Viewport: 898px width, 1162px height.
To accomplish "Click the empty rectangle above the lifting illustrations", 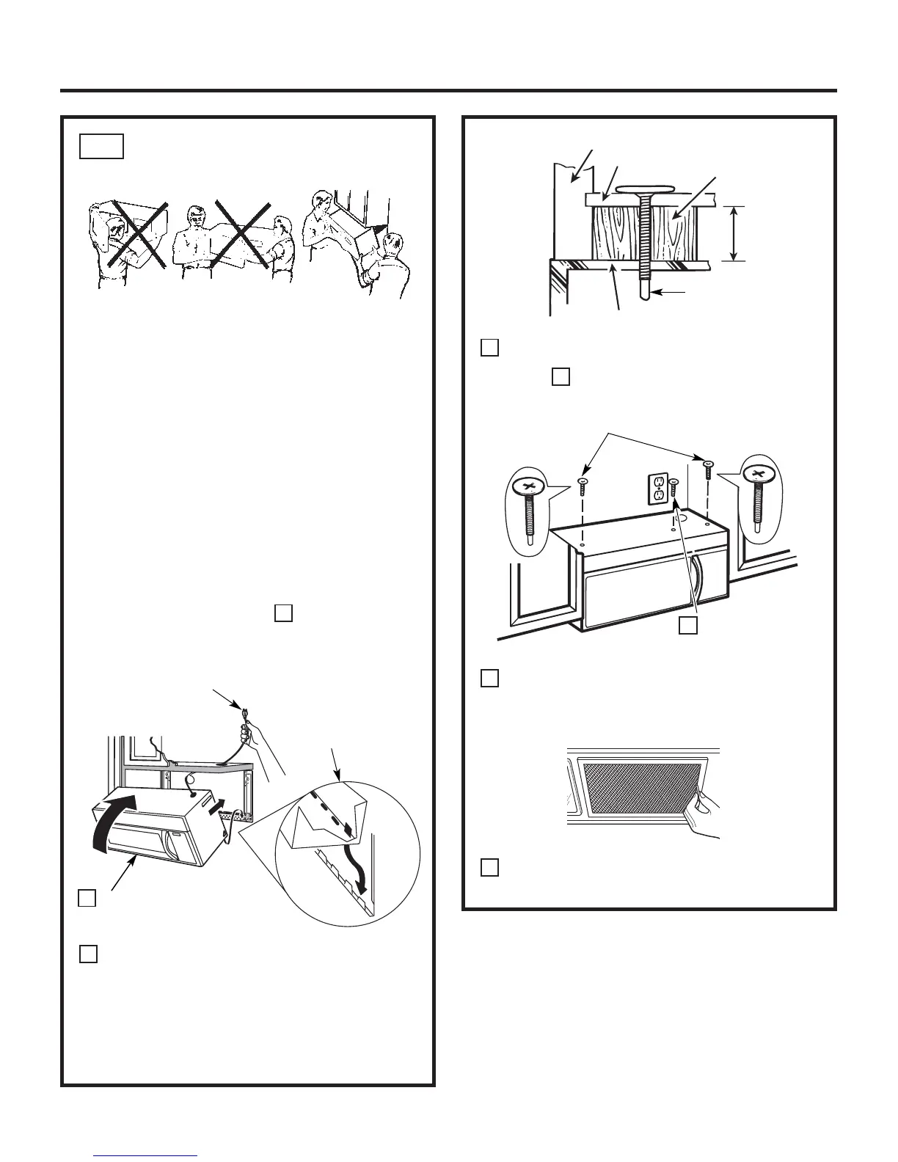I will (101, 145).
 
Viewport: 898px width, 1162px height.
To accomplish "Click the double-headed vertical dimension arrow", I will (734, 233).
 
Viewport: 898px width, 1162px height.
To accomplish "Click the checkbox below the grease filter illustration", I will (490, 867).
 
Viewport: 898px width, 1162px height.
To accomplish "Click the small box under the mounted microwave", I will (687, 624).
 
